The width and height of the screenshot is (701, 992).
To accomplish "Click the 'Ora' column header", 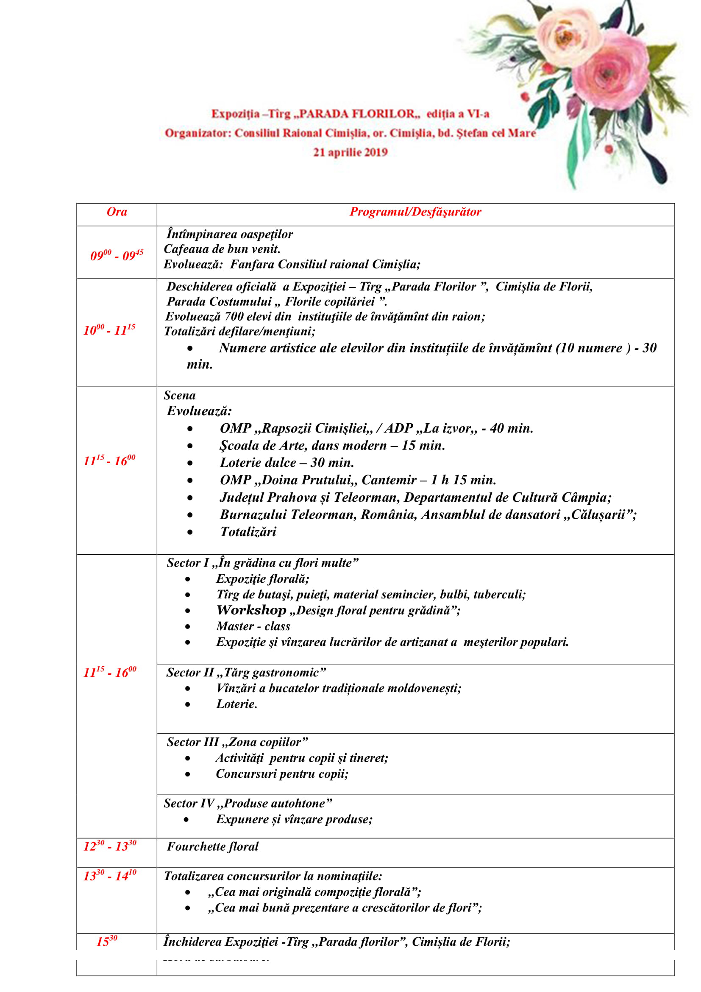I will click(x=117, y=212).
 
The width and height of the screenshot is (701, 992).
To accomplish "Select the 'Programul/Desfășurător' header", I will click(x=415, y=212).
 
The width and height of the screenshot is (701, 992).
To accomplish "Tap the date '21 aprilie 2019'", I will click(x=350, y=152).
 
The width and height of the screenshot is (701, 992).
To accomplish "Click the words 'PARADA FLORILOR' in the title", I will click(x=356, y=114).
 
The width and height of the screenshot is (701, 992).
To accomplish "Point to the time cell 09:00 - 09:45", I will click(x=117, y=255).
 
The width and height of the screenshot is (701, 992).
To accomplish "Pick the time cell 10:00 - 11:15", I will click(x=109, y=330).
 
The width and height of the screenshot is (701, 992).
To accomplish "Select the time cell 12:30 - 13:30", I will click(x=110, y=846).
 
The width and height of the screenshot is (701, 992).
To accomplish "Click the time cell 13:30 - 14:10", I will click(x=110, y=875).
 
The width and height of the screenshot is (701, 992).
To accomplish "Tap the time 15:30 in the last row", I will click(x=107, y=941).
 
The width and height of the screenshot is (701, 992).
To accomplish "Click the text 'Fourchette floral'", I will click(x=212, y=847).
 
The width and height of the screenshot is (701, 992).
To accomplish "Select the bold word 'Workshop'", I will click(x=251, y=610).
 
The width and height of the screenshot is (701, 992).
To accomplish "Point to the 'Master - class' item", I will click(x=253, y=626).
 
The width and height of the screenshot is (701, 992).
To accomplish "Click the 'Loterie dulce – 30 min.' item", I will click(x=287, y=462).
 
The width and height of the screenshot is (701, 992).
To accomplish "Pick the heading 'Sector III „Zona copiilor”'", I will click(x=237, y=742).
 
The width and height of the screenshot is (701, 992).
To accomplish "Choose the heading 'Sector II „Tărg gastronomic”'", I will click(x=246, y=672).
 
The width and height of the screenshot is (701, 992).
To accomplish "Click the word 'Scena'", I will click(x=180, y=395).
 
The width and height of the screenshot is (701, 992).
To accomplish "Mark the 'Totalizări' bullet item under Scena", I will click(x=248, y=531).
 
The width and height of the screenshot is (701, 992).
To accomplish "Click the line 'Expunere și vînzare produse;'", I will click(x=294, y=819).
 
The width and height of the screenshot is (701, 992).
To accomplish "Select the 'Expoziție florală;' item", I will click(x=262, y=578).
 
